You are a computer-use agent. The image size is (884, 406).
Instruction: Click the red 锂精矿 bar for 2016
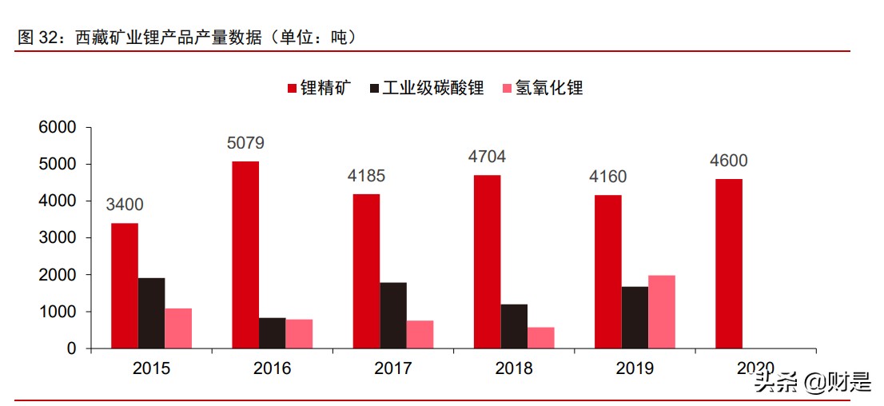245,255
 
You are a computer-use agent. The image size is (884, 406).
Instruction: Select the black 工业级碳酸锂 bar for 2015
151,313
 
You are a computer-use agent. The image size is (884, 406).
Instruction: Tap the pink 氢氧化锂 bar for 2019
662,312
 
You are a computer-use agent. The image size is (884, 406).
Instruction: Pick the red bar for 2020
729,264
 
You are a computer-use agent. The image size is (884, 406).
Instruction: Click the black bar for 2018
514,326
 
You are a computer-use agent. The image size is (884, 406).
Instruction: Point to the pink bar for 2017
420,334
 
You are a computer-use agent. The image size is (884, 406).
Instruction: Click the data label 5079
245,144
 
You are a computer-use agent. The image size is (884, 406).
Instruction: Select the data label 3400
125,205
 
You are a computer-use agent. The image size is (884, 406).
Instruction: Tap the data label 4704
487,157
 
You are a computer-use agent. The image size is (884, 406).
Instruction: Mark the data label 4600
728,161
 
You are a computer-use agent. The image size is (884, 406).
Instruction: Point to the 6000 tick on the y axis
58,127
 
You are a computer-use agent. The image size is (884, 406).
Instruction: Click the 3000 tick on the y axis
58,238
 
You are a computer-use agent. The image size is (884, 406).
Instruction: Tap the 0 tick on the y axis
71,349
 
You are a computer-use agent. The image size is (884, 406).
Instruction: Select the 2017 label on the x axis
392,368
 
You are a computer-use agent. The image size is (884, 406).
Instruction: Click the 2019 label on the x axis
635,368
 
